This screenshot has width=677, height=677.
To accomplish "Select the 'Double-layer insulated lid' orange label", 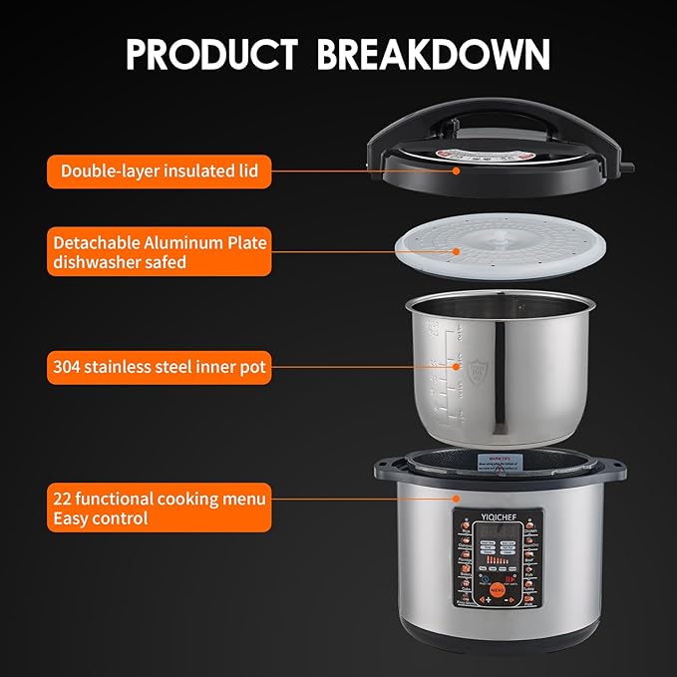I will click(x=159, y=170).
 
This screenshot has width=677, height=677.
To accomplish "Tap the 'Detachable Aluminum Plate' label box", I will click(x=159, y=252).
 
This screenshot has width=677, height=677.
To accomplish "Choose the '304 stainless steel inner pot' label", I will click(x=159, y=367).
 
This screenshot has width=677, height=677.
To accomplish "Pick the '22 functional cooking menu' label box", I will click(x=159, y=508).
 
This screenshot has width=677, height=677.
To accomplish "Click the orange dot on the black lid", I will click(x=457, y=170).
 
